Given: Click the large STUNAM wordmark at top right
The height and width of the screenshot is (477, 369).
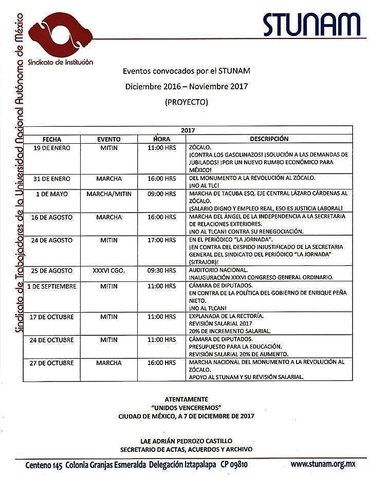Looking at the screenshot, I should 311,24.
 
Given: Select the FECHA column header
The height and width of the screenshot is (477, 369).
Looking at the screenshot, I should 52,139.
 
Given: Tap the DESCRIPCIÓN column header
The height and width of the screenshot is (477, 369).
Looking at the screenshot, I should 269,139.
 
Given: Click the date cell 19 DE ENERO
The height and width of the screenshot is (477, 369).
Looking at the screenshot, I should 52,148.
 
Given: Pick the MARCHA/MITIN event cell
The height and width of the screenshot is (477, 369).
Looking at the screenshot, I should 108,194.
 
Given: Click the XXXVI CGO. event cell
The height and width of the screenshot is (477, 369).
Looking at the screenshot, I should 108,270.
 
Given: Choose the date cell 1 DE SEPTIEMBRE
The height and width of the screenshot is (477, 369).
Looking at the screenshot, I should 52,286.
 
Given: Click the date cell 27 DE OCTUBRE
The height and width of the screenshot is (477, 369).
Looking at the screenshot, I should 52,363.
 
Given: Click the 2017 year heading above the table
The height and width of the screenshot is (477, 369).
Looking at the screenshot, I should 188,131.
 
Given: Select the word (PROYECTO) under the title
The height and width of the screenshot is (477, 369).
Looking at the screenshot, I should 187,102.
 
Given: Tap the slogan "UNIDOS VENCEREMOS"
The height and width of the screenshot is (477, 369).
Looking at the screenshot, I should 186,407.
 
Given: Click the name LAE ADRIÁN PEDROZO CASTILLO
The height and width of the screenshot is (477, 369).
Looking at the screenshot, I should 186,441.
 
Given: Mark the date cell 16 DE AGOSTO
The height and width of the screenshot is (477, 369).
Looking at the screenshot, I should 52,217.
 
